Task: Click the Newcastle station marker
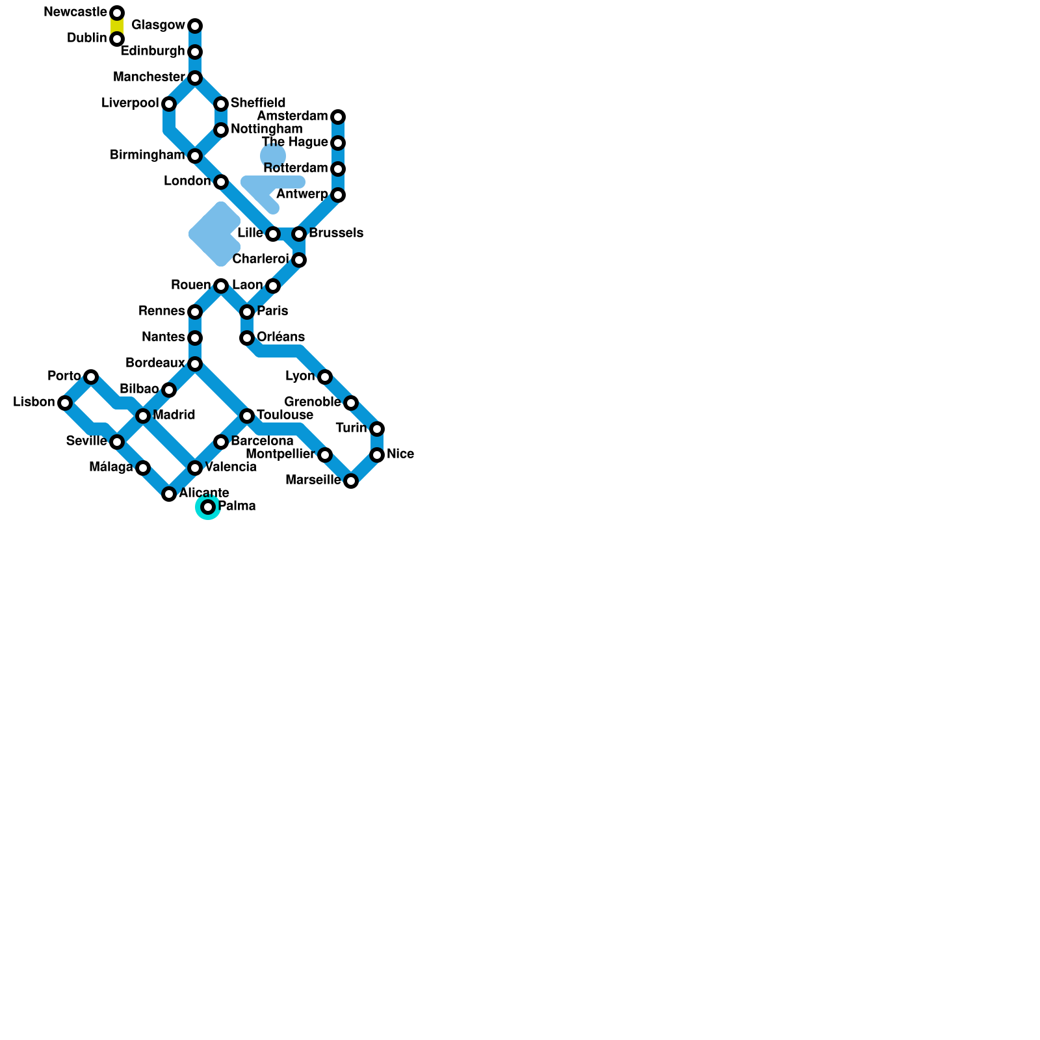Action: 117,13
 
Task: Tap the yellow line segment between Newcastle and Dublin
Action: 117,26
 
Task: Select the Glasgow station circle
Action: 195,26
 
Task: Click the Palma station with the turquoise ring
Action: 208,507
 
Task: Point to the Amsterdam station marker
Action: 338,117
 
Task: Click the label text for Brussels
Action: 335,233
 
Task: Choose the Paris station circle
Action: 247,312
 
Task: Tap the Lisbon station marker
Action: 65,403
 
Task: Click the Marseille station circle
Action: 351,481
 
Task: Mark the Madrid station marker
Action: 143,416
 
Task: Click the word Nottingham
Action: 266,129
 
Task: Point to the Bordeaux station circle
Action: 195,364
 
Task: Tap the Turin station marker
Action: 377,429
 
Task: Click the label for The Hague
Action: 294,142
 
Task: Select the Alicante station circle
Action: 169,494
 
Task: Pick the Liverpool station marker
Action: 169,104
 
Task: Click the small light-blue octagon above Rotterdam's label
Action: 273,156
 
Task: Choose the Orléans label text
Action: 281,337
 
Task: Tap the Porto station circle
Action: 91,377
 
